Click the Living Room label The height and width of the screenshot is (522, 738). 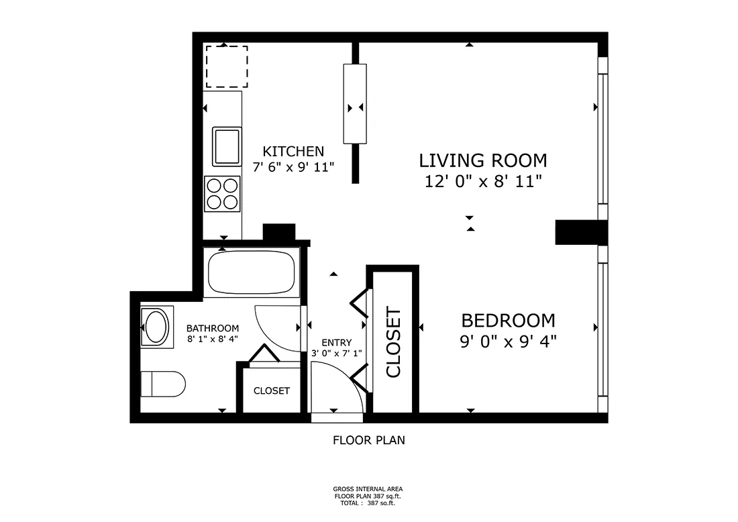[483, 160]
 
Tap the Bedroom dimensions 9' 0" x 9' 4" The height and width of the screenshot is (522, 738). [509, 342]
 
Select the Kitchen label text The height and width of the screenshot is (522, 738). [293, 152]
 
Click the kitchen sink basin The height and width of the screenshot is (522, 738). [227, 146]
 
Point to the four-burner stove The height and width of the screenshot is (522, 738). [222, 193]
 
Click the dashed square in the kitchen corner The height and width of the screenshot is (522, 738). [227, 66]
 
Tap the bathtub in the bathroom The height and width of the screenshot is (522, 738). [252, 272]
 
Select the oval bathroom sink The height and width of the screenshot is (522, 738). [157, 327]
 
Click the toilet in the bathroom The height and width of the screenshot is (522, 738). [162, 384]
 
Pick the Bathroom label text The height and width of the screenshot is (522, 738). [212, 328]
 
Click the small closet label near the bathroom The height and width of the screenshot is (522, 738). [271, 390]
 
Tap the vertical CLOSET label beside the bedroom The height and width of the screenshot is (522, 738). [392, 342]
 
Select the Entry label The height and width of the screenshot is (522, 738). [336, 342]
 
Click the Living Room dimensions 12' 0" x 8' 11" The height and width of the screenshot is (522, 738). [483, 181]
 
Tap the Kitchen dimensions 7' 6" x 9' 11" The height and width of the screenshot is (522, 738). [293, 168]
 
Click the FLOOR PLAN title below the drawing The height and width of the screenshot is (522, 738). [368, 441]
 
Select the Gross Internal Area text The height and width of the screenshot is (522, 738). [368, 489]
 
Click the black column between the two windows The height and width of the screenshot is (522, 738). [580, 232]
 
